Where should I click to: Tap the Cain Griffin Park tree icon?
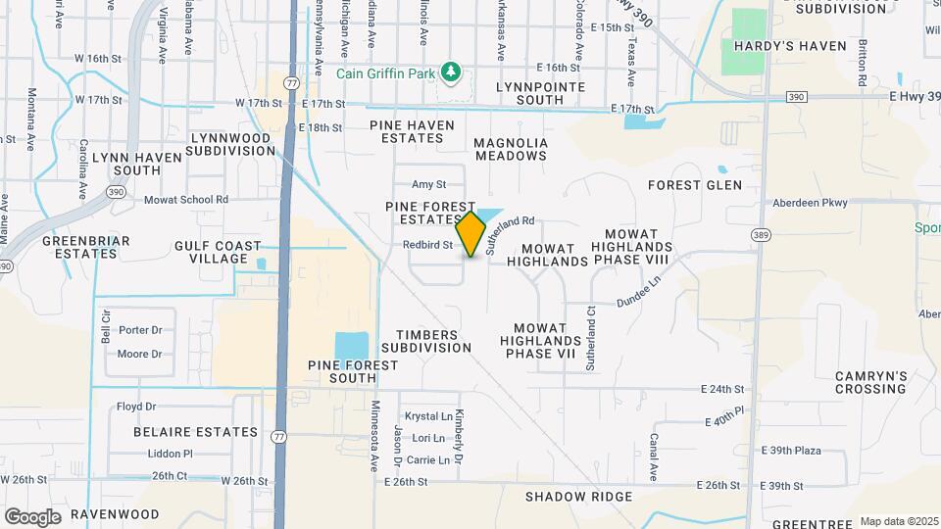point(450,72)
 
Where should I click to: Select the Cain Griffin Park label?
point(387,73)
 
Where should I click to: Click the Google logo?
point(32,516)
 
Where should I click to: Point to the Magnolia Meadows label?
point(510,149)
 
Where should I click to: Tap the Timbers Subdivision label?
point(426,341)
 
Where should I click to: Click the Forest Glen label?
point(688,184)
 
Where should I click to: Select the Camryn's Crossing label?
point(870,382)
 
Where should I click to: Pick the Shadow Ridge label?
point(578,497)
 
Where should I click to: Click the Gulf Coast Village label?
point(218,252)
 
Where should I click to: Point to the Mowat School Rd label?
point(185,200)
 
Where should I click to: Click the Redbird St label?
point(427,245)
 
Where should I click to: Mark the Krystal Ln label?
point(431,415)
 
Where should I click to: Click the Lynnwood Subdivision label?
point(231,144)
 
